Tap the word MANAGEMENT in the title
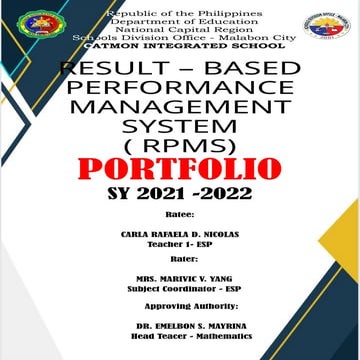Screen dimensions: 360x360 click(180, 107)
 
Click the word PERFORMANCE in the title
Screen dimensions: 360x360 click(180, 89)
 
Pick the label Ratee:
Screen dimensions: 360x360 click(180, 214)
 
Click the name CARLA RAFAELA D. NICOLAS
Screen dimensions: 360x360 click(180, 237)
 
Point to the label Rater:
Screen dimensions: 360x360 click(180, 258)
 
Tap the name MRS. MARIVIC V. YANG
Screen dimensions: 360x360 click(180, 280)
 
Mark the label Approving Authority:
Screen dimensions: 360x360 click(180, 302)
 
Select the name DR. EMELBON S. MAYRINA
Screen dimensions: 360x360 click(180, 326)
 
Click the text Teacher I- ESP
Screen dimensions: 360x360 click(180, 246)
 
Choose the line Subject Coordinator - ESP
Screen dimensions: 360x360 click(180, 289)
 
